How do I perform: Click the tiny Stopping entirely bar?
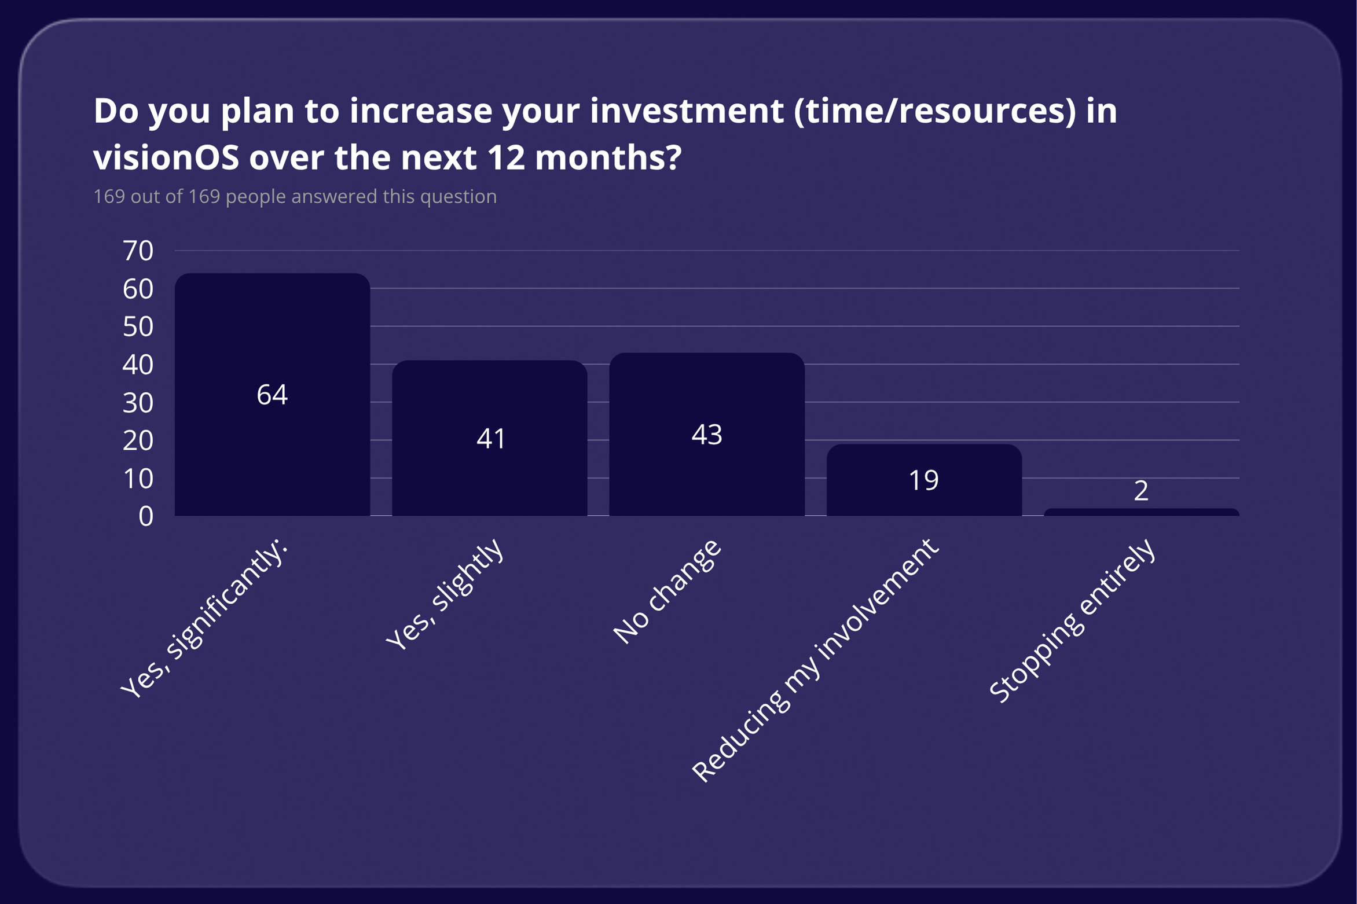(1141, 512)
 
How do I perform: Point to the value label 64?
(272, 395)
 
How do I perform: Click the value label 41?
(490, 438)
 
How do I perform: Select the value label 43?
(707, 434)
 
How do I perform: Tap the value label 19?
(923, 480)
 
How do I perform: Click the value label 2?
(1141, 491)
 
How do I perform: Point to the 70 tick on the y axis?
(138, 251)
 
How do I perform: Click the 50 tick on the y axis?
(138, 327)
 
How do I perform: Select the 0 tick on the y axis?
(146, 516)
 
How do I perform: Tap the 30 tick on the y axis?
(138, 403)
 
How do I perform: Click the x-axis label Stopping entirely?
(1073, 620)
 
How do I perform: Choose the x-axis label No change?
(668, 591)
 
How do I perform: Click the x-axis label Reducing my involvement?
(815, 660)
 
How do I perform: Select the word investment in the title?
(687, 111)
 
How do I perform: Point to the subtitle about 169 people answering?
(295, 197)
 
